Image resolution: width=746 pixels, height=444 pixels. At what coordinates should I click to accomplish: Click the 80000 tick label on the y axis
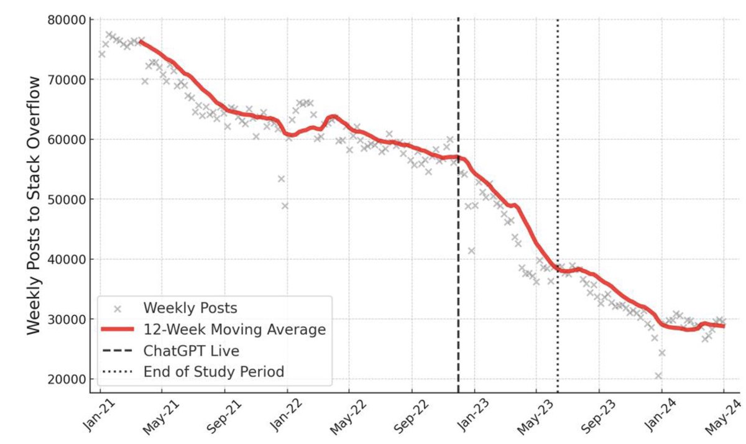67,19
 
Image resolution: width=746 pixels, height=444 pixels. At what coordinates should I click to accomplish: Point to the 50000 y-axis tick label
67,199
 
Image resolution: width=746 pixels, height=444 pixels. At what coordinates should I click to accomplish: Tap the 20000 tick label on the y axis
67,379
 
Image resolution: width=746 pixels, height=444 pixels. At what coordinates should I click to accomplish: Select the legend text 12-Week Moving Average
234,330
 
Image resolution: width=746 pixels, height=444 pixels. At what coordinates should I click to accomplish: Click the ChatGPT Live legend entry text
191,351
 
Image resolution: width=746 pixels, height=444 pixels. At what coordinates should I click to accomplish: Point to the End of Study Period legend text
213,372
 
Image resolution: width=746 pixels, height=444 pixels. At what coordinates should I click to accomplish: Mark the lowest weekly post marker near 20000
658,376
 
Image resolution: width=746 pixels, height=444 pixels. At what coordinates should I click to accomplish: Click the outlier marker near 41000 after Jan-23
472,251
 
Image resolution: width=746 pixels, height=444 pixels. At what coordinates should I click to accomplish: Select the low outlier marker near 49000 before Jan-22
285,205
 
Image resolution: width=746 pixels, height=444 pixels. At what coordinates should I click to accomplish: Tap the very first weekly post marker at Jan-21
102,54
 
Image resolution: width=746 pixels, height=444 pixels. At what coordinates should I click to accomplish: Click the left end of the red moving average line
141,42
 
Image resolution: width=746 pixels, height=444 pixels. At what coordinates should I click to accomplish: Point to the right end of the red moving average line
723,326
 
